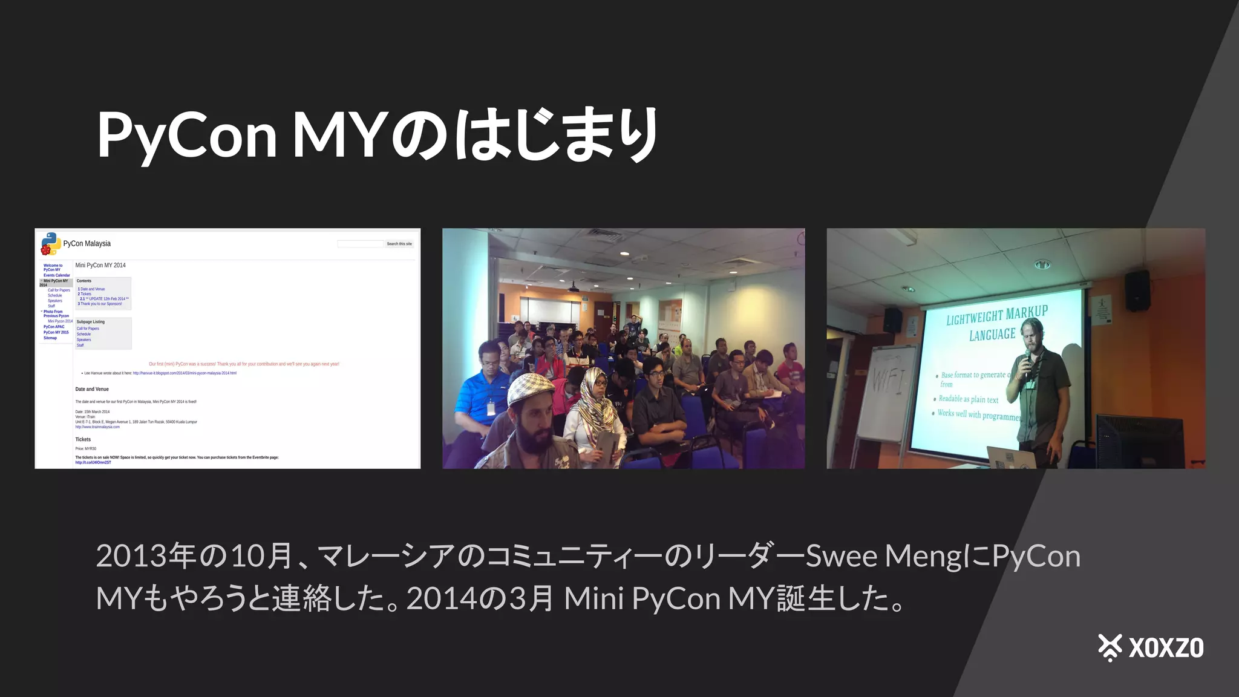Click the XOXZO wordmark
1166,648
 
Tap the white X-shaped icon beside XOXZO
1110,647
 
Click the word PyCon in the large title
186,136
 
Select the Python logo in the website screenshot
51,244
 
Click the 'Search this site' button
399,244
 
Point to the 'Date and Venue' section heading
92,389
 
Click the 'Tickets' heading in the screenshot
83,439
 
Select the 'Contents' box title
84,281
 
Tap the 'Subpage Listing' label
91,322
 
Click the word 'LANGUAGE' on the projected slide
992,335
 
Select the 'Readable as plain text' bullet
968,399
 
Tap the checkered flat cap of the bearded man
531,388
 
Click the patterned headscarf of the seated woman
595,405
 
